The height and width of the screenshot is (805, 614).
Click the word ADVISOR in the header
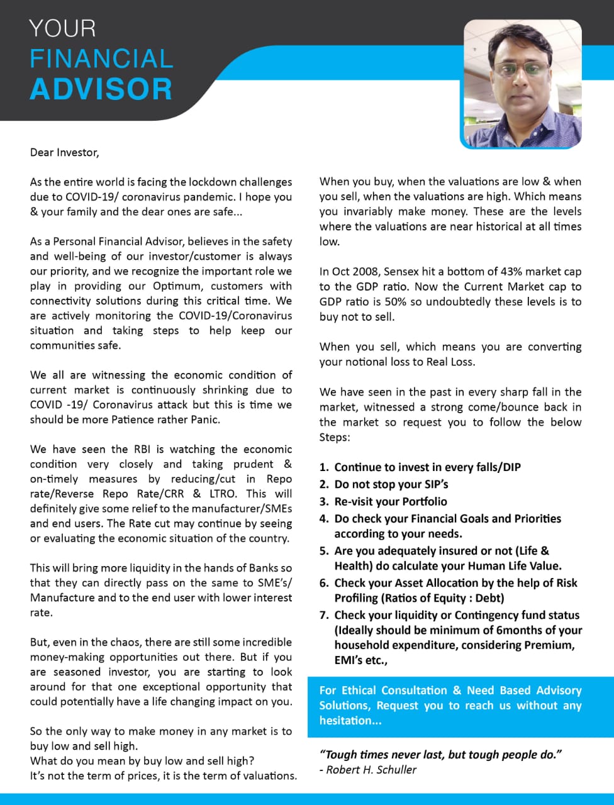(101, 89)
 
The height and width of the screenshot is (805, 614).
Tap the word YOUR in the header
(62, 29)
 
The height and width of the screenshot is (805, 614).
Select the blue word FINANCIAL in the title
(101, 59)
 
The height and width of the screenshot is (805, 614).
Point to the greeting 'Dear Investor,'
(64, 152)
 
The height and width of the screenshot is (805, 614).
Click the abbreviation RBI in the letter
(142, 449)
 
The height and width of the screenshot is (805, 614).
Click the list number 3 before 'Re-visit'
(324, 502)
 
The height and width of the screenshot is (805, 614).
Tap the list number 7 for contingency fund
(324, 616)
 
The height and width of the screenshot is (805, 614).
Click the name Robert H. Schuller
(371, 770)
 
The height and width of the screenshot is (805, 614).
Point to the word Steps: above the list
(335, 437)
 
